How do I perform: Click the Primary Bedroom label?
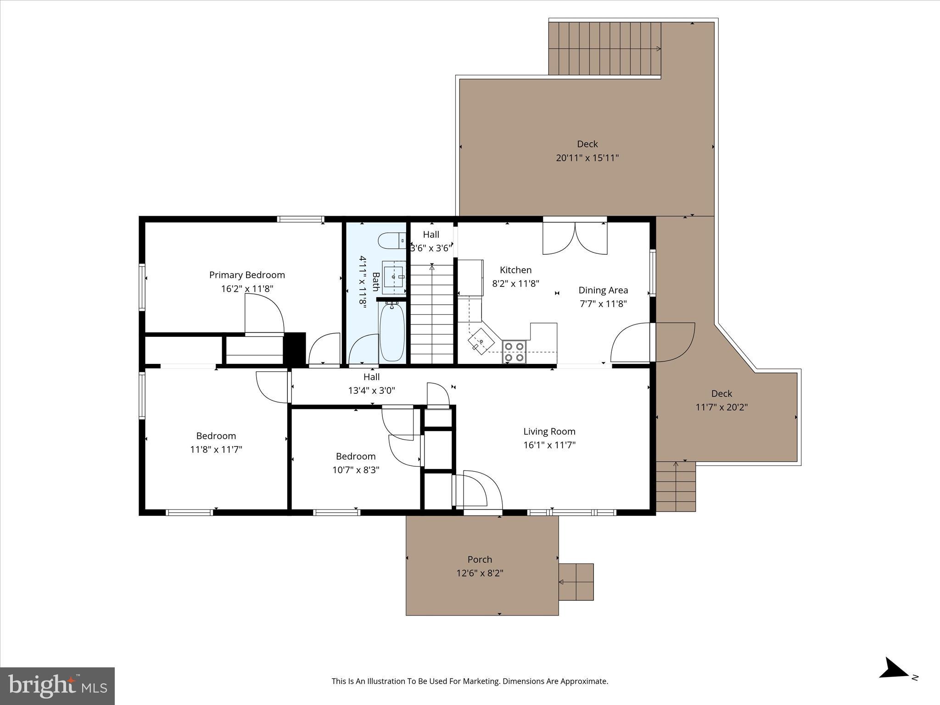[x=247, y=275]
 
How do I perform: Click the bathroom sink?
[x=394, y=277]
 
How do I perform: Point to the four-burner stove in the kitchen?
[x=514, y=352]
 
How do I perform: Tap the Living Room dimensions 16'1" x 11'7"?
[x=549, y=445]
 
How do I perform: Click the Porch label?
[x=480, y=560]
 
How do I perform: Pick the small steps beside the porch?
[x=576, y=582]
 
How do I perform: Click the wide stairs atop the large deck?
[x=604, y=48]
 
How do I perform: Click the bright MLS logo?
[x=57, y=686]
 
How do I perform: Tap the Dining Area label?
[x=603, y=290]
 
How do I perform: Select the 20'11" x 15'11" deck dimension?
[x=587, y=158]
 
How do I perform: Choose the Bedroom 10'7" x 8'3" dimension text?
[x=356, y=470]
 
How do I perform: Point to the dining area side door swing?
[x=630, y=342]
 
